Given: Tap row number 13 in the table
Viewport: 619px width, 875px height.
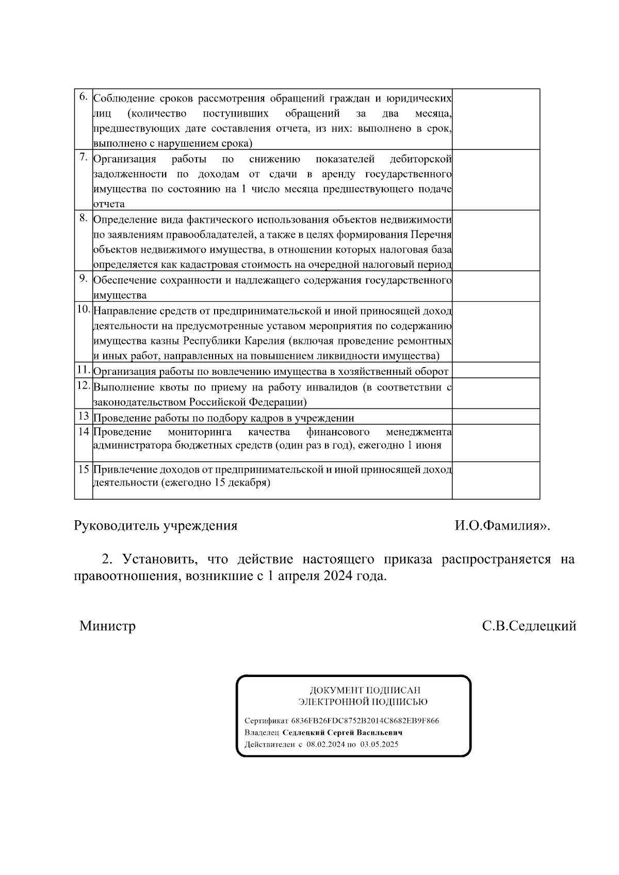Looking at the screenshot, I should point(84,416).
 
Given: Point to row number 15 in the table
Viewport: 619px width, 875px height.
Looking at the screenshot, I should point(84,469).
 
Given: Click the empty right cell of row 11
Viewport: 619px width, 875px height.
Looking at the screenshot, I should point(496,370).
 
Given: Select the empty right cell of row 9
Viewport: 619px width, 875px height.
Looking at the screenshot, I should point(496,286).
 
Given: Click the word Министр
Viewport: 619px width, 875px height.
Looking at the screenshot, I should point(107,626).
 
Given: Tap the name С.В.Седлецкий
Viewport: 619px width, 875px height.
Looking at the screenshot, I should point(529,626).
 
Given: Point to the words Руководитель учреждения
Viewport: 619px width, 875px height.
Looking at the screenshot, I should point(156,525).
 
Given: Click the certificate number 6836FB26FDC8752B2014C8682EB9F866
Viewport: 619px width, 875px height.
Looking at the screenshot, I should point(365,720).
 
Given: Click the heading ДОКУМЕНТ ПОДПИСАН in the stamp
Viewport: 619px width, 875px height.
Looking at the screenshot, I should point(365,690).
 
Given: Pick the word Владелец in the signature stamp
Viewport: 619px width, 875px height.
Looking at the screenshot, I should point(262,732).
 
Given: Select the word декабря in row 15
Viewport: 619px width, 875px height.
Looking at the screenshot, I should point(251,483).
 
